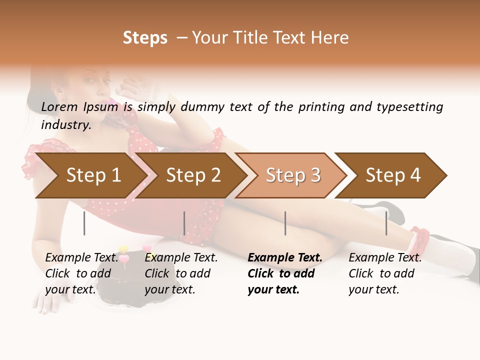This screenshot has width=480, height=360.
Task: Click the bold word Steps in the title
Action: (145, 38)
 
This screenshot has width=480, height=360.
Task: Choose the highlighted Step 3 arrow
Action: (293, 175)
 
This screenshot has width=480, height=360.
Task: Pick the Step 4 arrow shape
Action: (393, 175)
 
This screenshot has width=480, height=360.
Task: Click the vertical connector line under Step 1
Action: (84, 223)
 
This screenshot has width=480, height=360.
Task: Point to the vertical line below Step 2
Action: (184, 223)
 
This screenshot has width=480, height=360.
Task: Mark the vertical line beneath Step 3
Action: (285, 223)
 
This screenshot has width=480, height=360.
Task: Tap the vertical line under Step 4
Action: (386, 223)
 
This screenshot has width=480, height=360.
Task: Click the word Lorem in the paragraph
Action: (59, 107)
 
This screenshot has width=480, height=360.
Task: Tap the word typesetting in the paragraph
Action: (409, 107)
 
